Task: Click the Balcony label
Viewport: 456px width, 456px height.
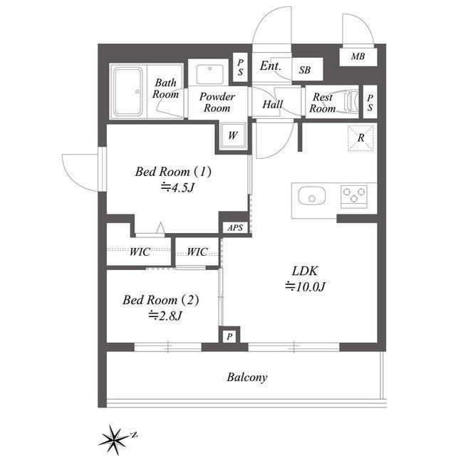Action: pyautogui.click(x=247, y=377)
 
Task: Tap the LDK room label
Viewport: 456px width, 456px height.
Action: pyautogui.click(x=305, y=271)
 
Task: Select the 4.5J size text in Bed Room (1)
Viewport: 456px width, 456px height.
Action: pyautogui.click(x=177, y=187)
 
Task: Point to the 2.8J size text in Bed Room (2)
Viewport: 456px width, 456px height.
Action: pyautogui.click(x=165, y=316)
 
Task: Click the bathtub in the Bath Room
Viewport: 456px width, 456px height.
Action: pyautogui.click(x=128, y=91)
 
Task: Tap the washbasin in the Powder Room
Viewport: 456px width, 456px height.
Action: pyautogui.click(x=209, y=75)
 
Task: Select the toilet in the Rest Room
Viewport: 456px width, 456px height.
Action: pyautogui.click(x=351, y=101)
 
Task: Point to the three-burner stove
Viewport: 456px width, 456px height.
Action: pyautogui.click(x=353, y=197)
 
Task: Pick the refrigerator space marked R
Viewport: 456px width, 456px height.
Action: pyautogui.click(x=361, y=138)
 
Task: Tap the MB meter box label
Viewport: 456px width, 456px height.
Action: pyautogui.click(x=358, y=56)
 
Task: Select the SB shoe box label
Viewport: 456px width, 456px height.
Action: pyautogui.click(x=305, y=70)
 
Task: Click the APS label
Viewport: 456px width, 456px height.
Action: pyautogui.click(x=235, y=228)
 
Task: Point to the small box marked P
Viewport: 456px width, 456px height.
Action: pyautogui.click(x=229, y=336)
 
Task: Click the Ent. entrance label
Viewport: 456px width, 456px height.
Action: pyautogui.click(x=271, y=66)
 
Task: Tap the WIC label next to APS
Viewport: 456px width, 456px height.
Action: pyautogui.click(x=197, y=252)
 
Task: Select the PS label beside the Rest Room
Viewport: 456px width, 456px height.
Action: pyautogui.click(x=370, y=103)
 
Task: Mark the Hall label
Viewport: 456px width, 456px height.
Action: pyautogui.click(x=272, y=104)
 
